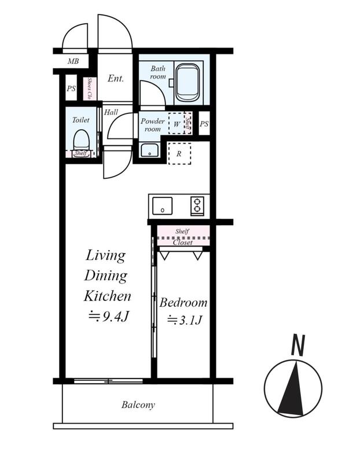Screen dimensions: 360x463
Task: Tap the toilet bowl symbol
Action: [81, 141]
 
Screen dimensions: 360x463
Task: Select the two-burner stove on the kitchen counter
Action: [197, 205]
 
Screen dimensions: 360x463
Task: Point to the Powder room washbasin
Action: [150, 150]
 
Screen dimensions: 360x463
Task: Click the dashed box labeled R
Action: [179, 153]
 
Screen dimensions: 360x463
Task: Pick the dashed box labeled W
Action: [177, 123]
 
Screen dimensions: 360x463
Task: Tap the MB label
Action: [73, 61]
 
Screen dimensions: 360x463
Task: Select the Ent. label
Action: [116, 78]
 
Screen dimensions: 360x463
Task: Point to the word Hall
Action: [111, 112]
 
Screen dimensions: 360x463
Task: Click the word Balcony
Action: [138, 405]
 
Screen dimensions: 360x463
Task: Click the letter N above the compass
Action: [298, 345]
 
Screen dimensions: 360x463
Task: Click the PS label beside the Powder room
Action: [204, 124]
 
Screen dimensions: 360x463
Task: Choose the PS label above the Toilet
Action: [71, 89]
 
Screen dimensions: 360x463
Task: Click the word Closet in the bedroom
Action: [183, 242]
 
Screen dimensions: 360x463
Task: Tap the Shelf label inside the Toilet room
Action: [80, 153]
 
